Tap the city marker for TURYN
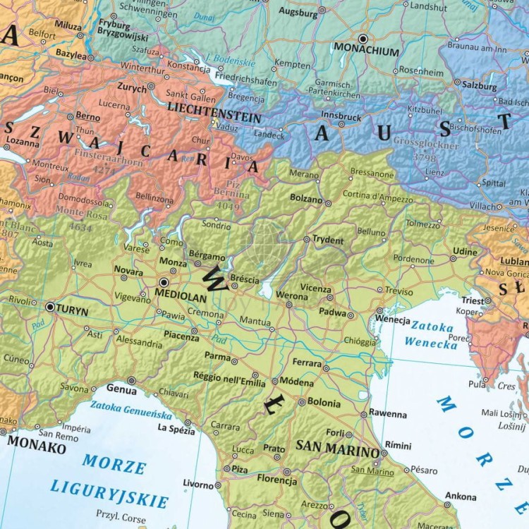point(50,307)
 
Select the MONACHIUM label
point(366,51)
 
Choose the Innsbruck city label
point(341,116)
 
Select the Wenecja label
point(393,320)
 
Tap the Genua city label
point(121,387)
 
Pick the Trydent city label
point(328,241)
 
